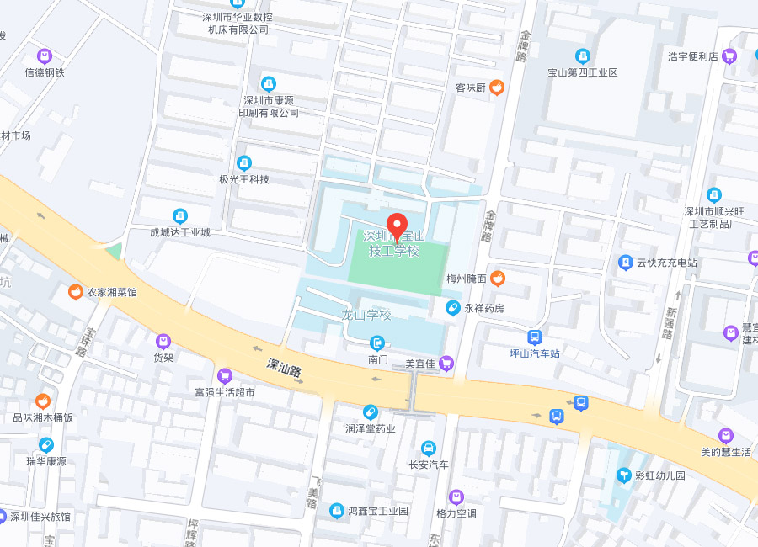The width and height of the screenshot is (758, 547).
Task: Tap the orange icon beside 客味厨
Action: click(x=497, y=87)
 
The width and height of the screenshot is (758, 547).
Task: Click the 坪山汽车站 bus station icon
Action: click(x=534, y=337)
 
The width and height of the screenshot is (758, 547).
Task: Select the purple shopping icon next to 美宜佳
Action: click(x=446, y=364)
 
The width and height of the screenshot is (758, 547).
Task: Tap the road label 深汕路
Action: click(x=284, y=369)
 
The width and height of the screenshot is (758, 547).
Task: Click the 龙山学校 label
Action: click(x=366, y=316)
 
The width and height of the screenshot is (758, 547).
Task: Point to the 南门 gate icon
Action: click(x=377, y=343)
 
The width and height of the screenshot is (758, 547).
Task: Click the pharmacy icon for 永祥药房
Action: click(x=453, y=308)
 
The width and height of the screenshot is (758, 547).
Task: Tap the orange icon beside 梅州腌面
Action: click(x=498, y=278)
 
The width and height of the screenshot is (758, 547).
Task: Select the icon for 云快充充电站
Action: click(x=626, y=263)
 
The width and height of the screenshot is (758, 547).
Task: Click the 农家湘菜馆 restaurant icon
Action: click(x=76, y=292)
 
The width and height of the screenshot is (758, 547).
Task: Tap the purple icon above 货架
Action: click(x=163, y=341)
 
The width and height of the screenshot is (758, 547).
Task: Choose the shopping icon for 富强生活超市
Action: click(x=224, y=375)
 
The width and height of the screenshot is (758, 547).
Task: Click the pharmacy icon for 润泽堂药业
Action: click(x=369, y=412)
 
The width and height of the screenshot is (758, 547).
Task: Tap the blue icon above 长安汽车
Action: click(x=429, y=448)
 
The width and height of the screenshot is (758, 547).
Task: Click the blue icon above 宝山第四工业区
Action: click(x=583, y=56)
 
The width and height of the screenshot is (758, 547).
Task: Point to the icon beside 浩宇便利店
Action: click(x=729, y=56)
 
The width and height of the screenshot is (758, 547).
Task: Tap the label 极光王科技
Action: click(x=244, y=179)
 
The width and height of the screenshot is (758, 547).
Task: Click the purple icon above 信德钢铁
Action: click(x=45, y=56)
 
